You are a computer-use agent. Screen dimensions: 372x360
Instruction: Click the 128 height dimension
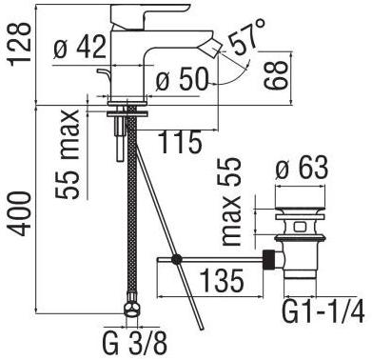click(x=20, y=44)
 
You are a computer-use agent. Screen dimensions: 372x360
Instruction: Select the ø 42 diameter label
click(x=79, y=48)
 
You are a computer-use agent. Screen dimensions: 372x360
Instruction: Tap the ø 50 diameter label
click(x=182, y=79)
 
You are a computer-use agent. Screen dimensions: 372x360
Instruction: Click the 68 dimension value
click(x=275, y=75)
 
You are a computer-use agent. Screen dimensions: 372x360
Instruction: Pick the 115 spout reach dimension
click(x=180, y=142)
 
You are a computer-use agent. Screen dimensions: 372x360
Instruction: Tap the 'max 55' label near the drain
click(x=231, y=201)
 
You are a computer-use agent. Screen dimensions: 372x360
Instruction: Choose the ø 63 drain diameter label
click(x=301, y=168)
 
